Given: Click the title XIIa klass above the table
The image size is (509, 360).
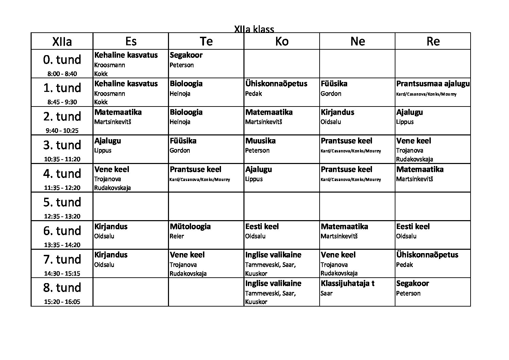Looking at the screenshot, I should point(254,29).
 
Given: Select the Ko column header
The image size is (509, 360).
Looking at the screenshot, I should point(282,41).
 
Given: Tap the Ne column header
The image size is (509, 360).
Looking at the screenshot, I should point(357,41).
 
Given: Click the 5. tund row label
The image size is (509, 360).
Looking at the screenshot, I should point(62,202).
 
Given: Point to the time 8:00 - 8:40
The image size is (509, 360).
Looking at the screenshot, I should point(62,74).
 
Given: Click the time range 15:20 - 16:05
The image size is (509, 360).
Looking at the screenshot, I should point(62,302).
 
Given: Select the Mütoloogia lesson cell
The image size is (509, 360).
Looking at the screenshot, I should point(190,227).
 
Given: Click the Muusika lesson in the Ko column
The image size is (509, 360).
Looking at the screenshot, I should point(260,141).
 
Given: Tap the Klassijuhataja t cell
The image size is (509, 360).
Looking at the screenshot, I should point(347,283).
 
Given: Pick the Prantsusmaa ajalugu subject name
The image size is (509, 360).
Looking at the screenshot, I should point(433,84).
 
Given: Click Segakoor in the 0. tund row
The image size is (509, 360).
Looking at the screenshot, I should point(186,55).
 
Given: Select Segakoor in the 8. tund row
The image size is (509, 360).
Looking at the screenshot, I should point(412,283).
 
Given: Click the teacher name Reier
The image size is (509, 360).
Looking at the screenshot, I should point(177,236).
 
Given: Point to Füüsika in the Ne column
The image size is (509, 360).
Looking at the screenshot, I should point(334,84).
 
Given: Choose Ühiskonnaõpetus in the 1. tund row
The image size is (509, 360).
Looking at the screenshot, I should point(276,84).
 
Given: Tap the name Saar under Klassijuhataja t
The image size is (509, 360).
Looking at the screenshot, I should point(326,293).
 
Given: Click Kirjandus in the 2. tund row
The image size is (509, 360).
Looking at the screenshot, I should point(337,112).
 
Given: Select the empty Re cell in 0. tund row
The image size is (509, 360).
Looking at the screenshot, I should point(433,64).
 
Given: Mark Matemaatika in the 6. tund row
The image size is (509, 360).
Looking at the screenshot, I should point(344,227).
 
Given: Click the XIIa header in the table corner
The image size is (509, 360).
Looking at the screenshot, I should point(62,42).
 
